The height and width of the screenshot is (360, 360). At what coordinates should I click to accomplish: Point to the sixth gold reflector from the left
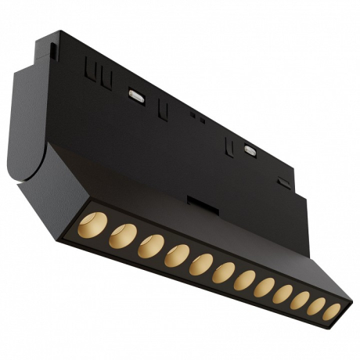(x=223, y=272)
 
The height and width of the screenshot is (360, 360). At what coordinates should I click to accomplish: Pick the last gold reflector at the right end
(x=332, y=311)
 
